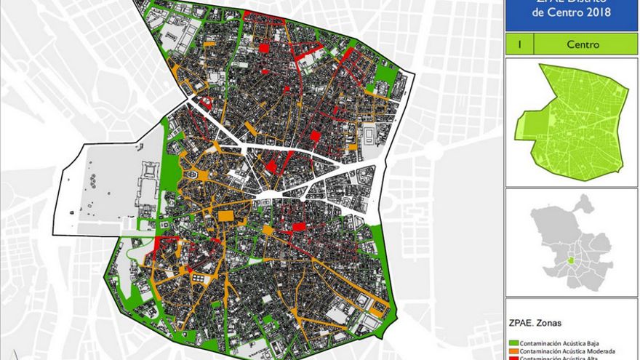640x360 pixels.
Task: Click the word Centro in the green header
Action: [x=583, y=44]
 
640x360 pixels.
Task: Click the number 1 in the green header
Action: [x=519, y=44]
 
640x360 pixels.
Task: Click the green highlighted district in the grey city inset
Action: [x=571, y=260]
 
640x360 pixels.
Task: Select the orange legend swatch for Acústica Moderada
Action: [x=513, y=349]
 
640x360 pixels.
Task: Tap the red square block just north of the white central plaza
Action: [x=271, y=167]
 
